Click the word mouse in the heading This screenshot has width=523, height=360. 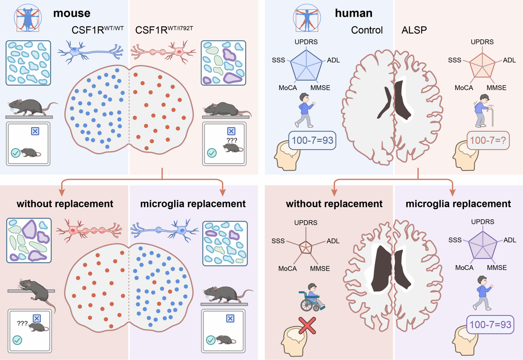72,13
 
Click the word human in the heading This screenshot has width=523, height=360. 353,13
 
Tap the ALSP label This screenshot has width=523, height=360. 414,30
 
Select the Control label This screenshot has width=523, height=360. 366,30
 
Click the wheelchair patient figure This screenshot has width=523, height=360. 312,298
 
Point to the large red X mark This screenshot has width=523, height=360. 307,326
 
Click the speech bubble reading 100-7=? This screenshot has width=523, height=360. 488,140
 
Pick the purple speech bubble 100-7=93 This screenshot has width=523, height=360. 490,324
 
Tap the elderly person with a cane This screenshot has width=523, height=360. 484,111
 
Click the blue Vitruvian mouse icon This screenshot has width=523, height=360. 28,18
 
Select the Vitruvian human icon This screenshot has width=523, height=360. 307,18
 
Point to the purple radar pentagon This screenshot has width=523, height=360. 483,246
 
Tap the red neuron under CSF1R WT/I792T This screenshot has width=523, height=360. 163,52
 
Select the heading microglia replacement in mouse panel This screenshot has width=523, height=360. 193,204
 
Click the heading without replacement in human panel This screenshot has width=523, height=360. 334,204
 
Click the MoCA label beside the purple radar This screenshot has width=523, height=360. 464,268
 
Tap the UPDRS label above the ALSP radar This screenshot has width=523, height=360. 482,42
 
